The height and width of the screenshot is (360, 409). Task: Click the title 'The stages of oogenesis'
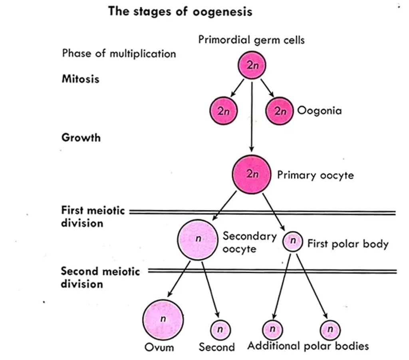[x=180, y=12]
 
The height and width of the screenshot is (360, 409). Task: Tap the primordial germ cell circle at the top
[x=252, y=66]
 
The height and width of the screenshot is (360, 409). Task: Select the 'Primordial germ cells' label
[x=251, y=40]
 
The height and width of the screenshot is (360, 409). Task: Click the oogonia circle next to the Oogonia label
[x=280, y=111]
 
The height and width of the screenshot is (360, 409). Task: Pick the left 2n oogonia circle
[x=224, y=111]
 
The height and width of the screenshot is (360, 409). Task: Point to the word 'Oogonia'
[x=319, y=111]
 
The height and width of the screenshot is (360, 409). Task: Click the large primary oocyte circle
[x=252, y=174]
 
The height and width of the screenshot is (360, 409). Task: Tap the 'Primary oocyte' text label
[x=315, y=175]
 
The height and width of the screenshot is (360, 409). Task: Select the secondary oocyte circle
[x=198, y=240]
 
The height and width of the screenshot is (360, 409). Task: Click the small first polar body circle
[x=293, y=242]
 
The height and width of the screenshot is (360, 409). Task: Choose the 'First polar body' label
[x=347, y=244]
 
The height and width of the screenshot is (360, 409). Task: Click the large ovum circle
[x=163, y=319]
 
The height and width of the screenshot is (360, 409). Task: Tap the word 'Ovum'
[x=159, y=347]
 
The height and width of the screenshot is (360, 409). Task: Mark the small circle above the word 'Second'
[x=220, y=330]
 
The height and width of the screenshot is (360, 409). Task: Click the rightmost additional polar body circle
[x=330, y=330]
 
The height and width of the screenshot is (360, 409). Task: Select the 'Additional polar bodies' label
[x=308, y=346]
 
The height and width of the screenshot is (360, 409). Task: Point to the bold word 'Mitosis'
[x=80, y=79]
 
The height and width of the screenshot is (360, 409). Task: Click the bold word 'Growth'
[x=81, y=138]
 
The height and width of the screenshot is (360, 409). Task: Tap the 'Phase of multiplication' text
[x=119, y=53]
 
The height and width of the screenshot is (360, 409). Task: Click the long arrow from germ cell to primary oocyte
[x=252, y=116]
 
